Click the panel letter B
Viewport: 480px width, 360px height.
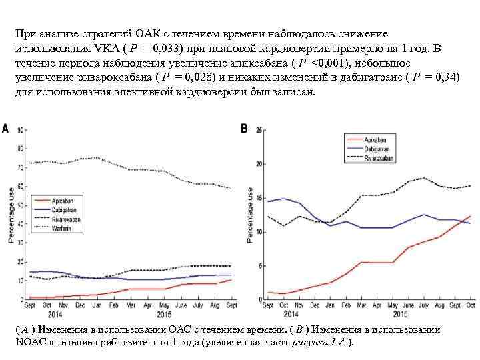244,127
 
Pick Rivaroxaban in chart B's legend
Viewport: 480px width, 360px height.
379,158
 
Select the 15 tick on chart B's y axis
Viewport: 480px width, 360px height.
259,198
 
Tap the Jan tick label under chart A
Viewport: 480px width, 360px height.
97,305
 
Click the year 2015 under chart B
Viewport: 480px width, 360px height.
400,313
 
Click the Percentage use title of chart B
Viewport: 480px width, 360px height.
249,213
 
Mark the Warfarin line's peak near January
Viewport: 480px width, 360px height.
97,157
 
